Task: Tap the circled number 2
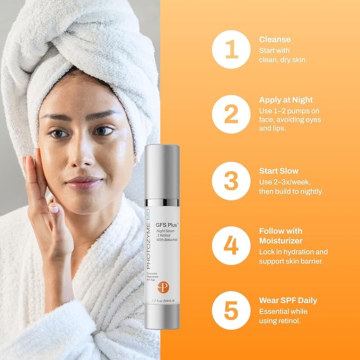tap(231, 114)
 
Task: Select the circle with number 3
tap(231, 181)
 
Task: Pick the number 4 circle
tap(231, 246)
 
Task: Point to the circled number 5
tap(231, 310)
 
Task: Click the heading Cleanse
tap(275, 39)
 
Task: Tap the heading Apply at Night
tap(286, 100)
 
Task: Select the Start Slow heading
tap(279, 171)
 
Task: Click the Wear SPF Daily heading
tap(288, 301)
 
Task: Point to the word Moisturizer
tap(281, 241)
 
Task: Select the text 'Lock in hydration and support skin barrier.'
tap(293, 257)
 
